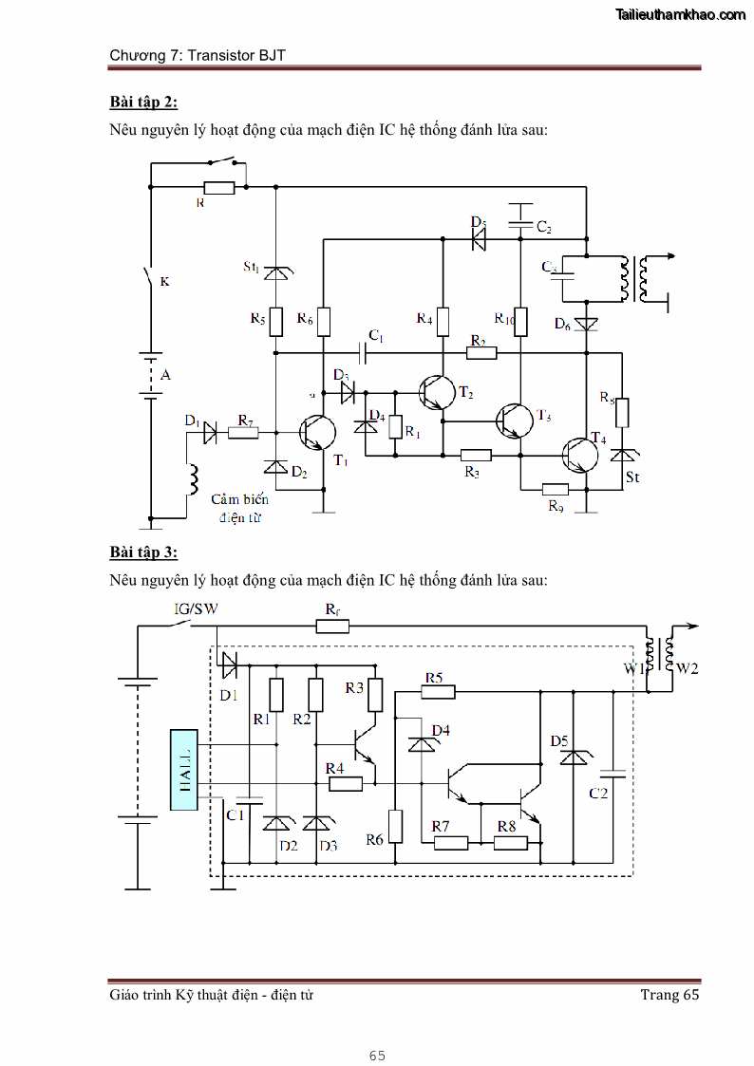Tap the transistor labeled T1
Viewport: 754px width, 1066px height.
[317, 433]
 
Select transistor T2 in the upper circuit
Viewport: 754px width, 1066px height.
[438, 390]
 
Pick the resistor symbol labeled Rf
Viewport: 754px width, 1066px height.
[332, 626]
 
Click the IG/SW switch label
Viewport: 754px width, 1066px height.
[196, 608]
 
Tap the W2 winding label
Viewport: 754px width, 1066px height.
[687, 668]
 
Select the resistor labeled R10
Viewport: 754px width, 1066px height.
[519, 321]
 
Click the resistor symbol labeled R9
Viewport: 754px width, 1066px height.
[555, 489]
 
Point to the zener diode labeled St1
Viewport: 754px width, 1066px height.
[275, 272]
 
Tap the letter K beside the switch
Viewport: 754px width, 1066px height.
[164, 281]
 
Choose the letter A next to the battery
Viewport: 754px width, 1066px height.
[166, 375]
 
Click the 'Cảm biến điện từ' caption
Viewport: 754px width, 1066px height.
[239, 508]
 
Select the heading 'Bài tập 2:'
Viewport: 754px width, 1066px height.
[143, 102]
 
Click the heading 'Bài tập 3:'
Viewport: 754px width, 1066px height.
[143, 552]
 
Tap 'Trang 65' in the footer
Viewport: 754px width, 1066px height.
[669, 994]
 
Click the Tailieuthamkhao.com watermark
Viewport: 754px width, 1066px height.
[681, 14]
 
